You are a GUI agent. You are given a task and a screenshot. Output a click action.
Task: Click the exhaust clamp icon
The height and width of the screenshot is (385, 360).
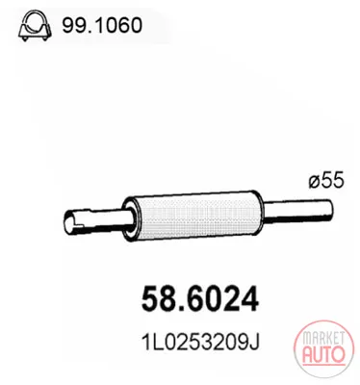(35, 26)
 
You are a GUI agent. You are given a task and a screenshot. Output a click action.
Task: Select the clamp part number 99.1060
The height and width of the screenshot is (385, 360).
(102, 25)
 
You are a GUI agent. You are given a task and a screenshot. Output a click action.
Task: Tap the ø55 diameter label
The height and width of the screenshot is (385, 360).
(326, 180)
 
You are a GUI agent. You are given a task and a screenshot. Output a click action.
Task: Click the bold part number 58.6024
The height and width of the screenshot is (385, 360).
(199, 298)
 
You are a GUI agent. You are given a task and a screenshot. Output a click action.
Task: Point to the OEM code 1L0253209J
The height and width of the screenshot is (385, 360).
(199, 342)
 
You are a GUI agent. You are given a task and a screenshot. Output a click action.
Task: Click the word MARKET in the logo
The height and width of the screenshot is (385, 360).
(323, 339)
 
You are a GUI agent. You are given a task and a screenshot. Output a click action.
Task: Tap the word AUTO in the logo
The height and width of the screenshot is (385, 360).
(323, 354)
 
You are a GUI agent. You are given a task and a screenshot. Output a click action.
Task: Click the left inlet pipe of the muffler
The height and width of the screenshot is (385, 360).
(96, 221)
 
